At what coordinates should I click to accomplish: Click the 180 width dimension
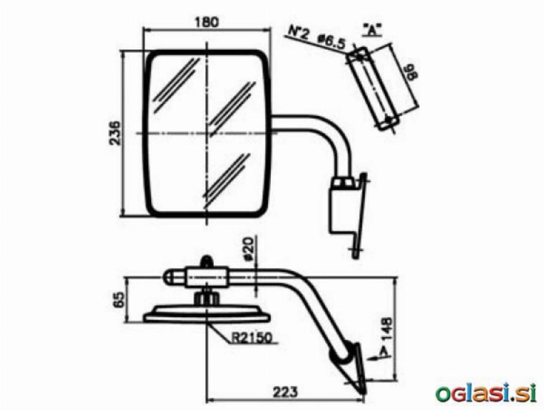coord(207,22)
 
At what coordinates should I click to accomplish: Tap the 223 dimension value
coord(285,392)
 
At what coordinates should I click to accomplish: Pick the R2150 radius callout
coord(251,338)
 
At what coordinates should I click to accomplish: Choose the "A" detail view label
coord(372,30)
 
